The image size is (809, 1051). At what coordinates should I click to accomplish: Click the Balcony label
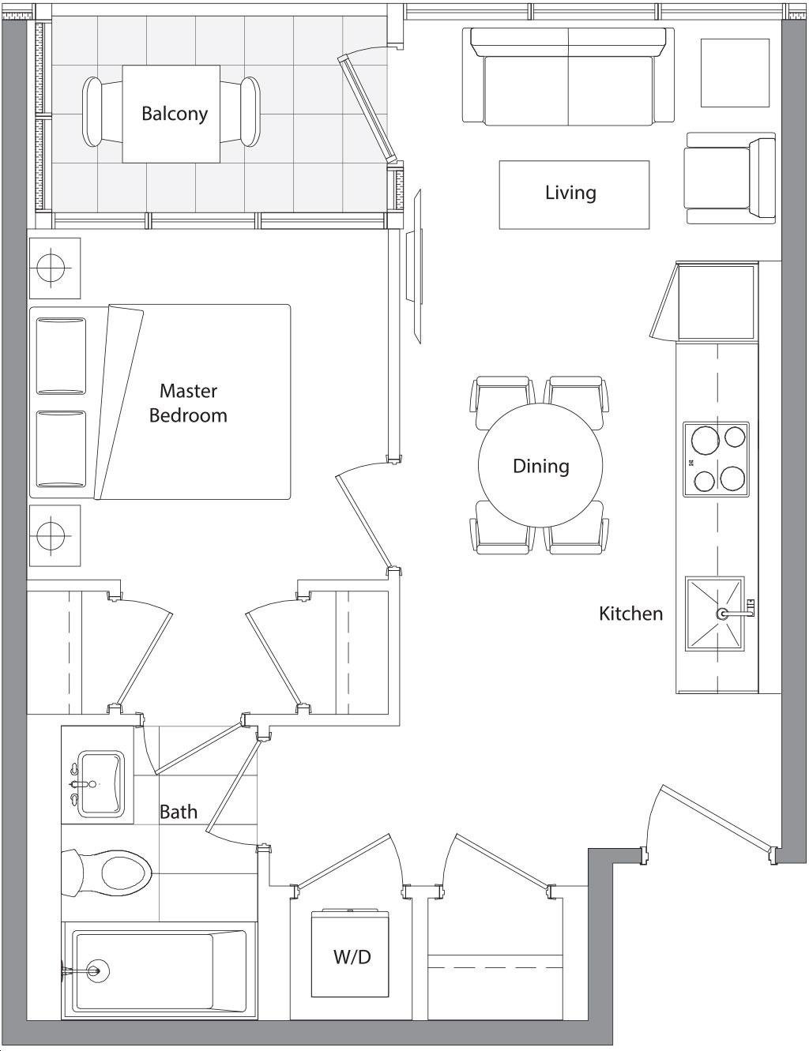[x=175, y=114]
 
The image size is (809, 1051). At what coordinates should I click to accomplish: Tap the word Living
[x=570, y=193]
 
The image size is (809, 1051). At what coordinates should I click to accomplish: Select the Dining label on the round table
[x=540, y=466]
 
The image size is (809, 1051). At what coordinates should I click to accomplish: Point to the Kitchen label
[x=630, y=614]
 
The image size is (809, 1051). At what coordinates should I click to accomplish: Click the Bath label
[x=178, y=811]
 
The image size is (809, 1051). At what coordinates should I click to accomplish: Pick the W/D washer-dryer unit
[x=351, y=942]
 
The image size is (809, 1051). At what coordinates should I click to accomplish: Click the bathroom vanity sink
[x=100, y=783]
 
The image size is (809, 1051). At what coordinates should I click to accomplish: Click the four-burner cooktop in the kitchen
[x=716, y=459]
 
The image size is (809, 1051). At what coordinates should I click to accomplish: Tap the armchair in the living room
[x=730, y=178]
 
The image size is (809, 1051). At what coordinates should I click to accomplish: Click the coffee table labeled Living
[x=574, y=194]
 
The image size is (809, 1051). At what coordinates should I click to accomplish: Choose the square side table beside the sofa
[x=735, y=73]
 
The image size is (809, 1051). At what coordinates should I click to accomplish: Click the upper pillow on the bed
[x=61, y=356]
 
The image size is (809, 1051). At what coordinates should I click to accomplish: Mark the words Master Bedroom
[x=188, y=403]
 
